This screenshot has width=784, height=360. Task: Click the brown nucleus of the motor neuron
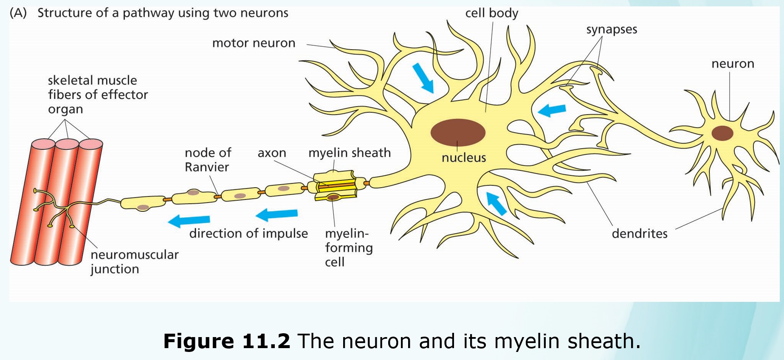coord(458,132)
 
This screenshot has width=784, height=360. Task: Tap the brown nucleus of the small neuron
coord(722,133)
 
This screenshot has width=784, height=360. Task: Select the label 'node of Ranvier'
coord(208,160)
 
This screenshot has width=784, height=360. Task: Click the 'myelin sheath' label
coord(349,152)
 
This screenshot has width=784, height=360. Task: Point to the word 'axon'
coord(272,153)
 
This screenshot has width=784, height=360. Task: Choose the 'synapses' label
coord(612,29)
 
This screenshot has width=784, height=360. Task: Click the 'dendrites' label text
coord(639,233)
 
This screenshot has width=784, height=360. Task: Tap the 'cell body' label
coord(491,13)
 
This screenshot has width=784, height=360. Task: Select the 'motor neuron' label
coord(254,43)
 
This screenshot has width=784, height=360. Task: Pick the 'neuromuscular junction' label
coord(134,262)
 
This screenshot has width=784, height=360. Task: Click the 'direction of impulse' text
coord(248,233)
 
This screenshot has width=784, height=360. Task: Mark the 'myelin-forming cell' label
coord(348,247)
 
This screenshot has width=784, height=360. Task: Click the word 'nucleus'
coord(463,158)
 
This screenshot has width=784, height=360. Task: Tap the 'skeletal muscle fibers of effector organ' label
coord(98,95)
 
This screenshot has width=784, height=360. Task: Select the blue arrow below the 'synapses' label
coord(552,110)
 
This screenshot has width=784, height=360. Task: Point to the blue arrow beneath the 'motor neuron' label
coord(423,78)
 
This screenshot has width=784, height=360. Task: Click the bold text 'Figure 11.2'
coord(226,341)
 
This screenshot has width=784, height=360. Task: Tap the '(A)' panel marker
coord(18,13)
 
